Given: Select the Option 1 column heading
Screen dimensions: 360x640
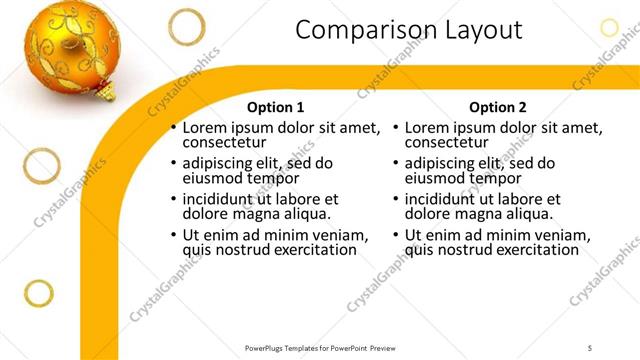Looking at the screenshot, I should tap(275, 107).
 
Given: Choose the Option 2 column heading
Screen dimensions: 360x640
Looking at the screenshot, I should tap(497, 107).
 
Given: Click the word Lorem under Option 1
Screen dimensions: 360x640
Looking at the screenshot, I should tap(206, 128).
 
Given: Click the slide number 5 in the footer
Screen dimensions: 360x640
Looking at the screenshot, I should tap(590, 347).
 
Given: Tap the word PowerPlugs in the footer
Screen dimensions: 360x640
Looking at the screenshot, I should tap(267, 347).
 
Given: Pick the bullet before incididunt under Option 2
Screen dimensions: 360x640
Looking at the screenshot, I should tap(395, 200).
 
